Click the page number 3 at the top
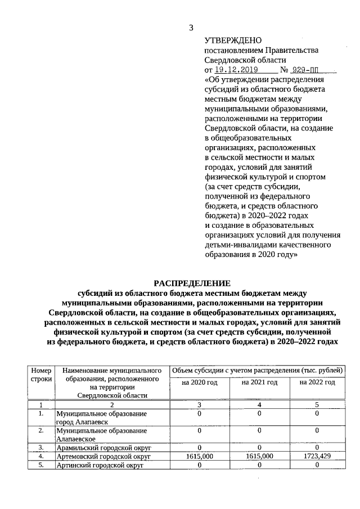click(x=191, y=28)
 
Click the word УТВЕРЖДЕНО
click(x=233, y=40)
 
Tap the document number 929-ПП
click(x=309, y=70)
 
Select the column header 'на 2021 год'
click(x=259, y=382)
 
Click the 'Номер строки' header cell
click(x=41, y=375)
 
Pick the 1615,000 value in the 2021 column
click(x=259, y=457)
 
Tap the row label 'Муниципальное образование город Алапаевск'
click(x=101, y=417)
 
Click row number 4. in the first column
click(x=41, y=457)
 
